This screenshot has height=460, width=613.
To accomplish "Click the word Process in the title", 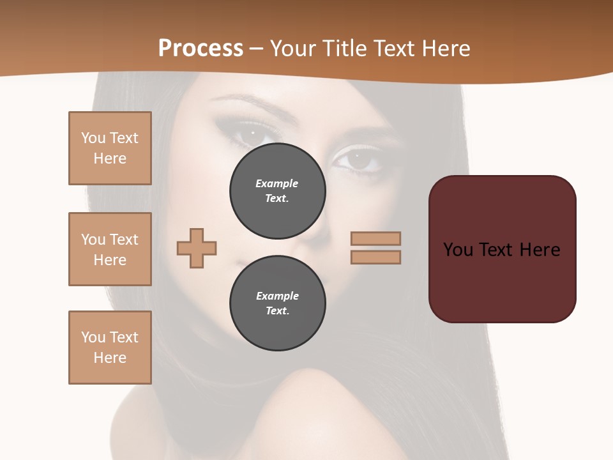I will (x=201, y=49).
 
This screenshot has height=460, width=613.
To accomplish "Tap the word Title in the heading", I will (x=342, y=49).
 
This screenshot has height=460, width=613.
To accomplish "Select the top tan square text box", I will (x=110, y=148).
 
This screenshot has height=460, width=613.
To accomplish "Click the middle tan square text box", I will (x=110, y=249).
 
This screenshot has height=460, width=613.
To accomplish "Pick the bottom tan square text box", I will (x=110, y=348).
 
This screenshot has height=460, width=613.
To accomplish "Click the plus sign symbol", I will (x=197, y=248).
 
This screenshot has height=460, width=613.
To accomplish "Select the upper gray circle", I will (x=277, y=190).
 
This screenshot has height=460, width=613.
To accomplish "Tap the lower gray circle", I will (x=277, y=303).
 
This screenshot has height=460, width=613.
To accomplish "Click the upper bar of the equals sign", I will (x=375, y=238).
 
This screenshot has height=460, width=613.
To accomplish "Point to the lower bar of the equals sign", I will (x=375, y=257).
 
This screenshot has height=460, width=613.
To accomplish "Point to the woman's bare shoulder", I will (x=319, y=409).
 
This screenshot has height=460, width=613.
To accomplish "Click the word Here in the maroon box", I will (x=540, y=249).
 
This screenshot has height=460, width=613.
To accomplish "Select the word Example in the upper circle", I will (x=277, y=183).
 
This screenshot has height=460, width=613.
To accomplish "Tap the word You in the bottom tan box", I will (x=93, y=337).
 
